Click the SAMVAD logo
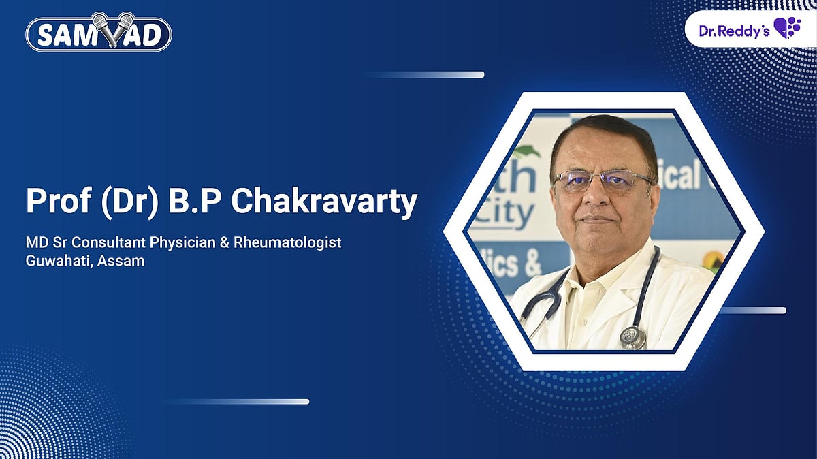(x=98, y=33)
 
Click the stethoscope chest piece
(x=633, y=337)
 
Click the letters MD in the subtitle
(x=35, y=242)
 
